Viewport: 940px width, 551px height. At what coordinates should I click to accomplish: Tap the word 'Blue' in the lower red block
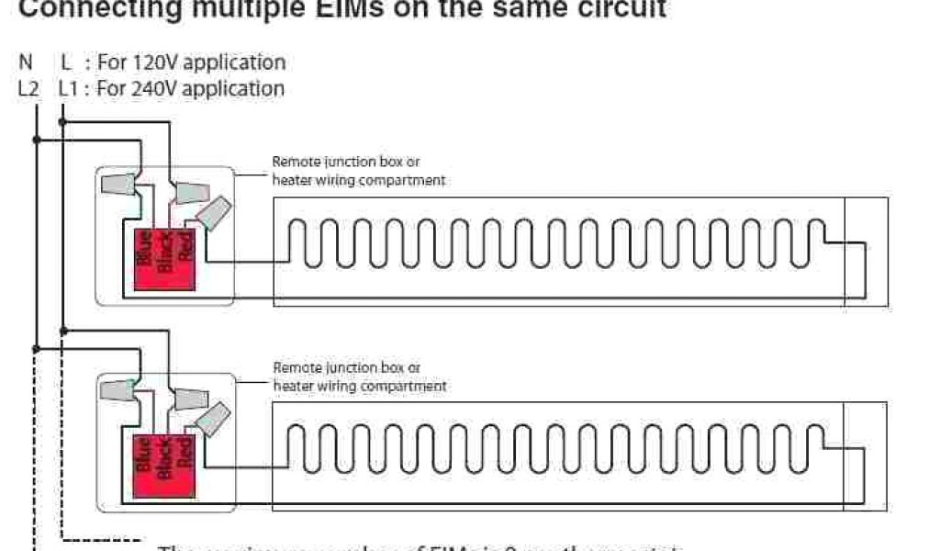(143, 453)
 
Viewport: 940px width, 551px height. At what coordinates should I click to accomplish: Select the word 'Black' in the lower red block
(166, 453)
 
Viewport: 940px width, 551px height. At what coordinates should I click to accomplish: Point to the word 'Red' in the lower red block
(187, 451)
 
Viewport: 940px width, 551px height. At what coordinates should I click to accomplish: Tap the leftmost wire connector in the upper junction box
(120, 185)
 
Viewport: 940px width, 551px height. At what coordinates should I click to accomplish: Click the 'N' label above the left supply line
(26, 62)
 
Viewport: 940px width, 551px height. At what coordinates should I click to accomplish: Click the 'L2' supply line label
(28, 89)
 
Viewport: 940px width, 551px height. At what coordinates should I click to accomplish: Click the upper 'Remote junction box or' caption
(346, 162)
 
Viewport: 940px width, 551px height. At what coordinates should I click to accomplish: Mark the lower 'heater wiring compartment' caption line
(360, 387)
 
